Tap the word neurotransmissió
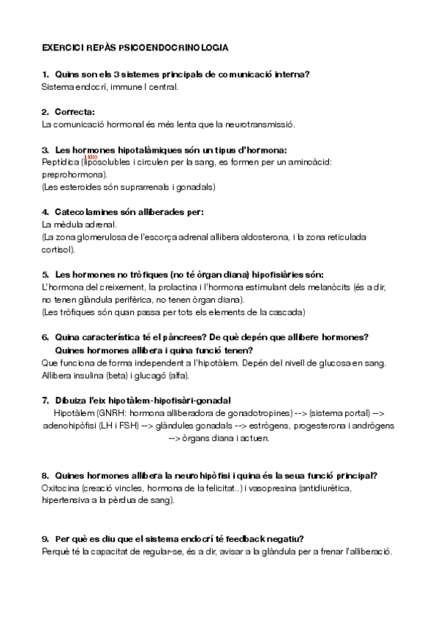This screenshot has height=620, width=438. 262,124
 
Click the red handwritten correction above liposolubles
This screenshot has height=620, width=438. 91,156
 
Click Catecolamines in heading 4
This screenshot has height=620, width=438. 88,212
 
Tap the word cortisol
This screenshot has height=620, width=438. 58,250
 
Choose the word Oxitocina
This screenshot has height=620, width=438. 61,488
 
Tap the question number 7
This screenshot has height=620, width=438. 45,400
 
